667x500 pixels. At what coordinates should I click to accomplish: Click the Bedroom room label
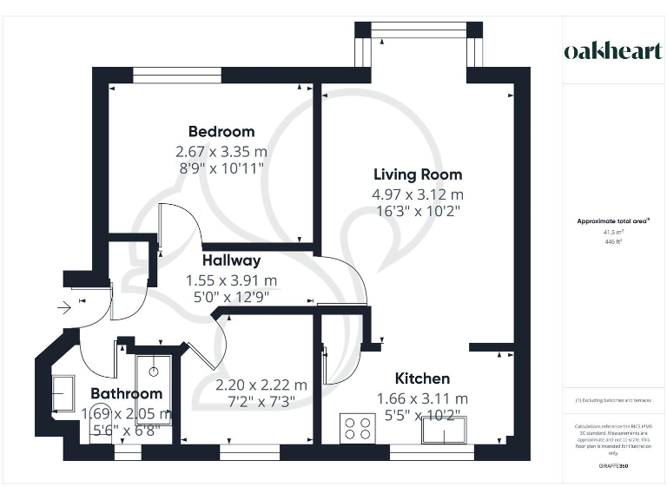[x=221, y=132]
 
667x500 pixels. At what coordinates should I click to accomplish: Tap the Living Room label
[x=418, y=174]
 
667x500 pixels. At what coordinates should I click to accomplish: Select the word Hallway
[x=231, y=260]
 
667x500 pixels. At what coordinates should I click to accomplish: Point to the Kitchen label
[x=422, y=378]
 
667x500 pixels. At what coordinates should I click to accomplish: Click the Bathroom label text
[x=127, y=394]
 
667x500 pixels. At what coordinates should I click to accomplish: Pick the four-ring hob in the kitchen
[x=357, y=428]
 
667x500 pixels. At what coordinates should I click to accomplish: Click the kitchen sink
[x=444, y=429]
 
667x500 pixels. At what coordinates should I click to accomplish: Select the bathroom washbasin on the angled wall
[x=63, y=394]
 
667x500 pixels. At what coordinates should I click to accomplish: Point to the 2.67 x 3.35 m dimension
[x=221, y=151]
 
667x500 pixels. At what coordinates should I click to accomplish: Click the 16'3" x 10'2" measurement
[x=418, y=210]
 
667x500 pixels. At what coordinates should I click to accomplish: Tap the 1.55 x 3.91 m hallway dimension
[x=231, y=280]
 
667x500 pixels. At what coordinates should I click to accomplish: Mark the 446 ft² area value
[x=614, y=242]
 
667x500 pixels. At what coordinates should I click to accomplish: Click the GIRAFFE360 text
[x=613, y=466]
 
